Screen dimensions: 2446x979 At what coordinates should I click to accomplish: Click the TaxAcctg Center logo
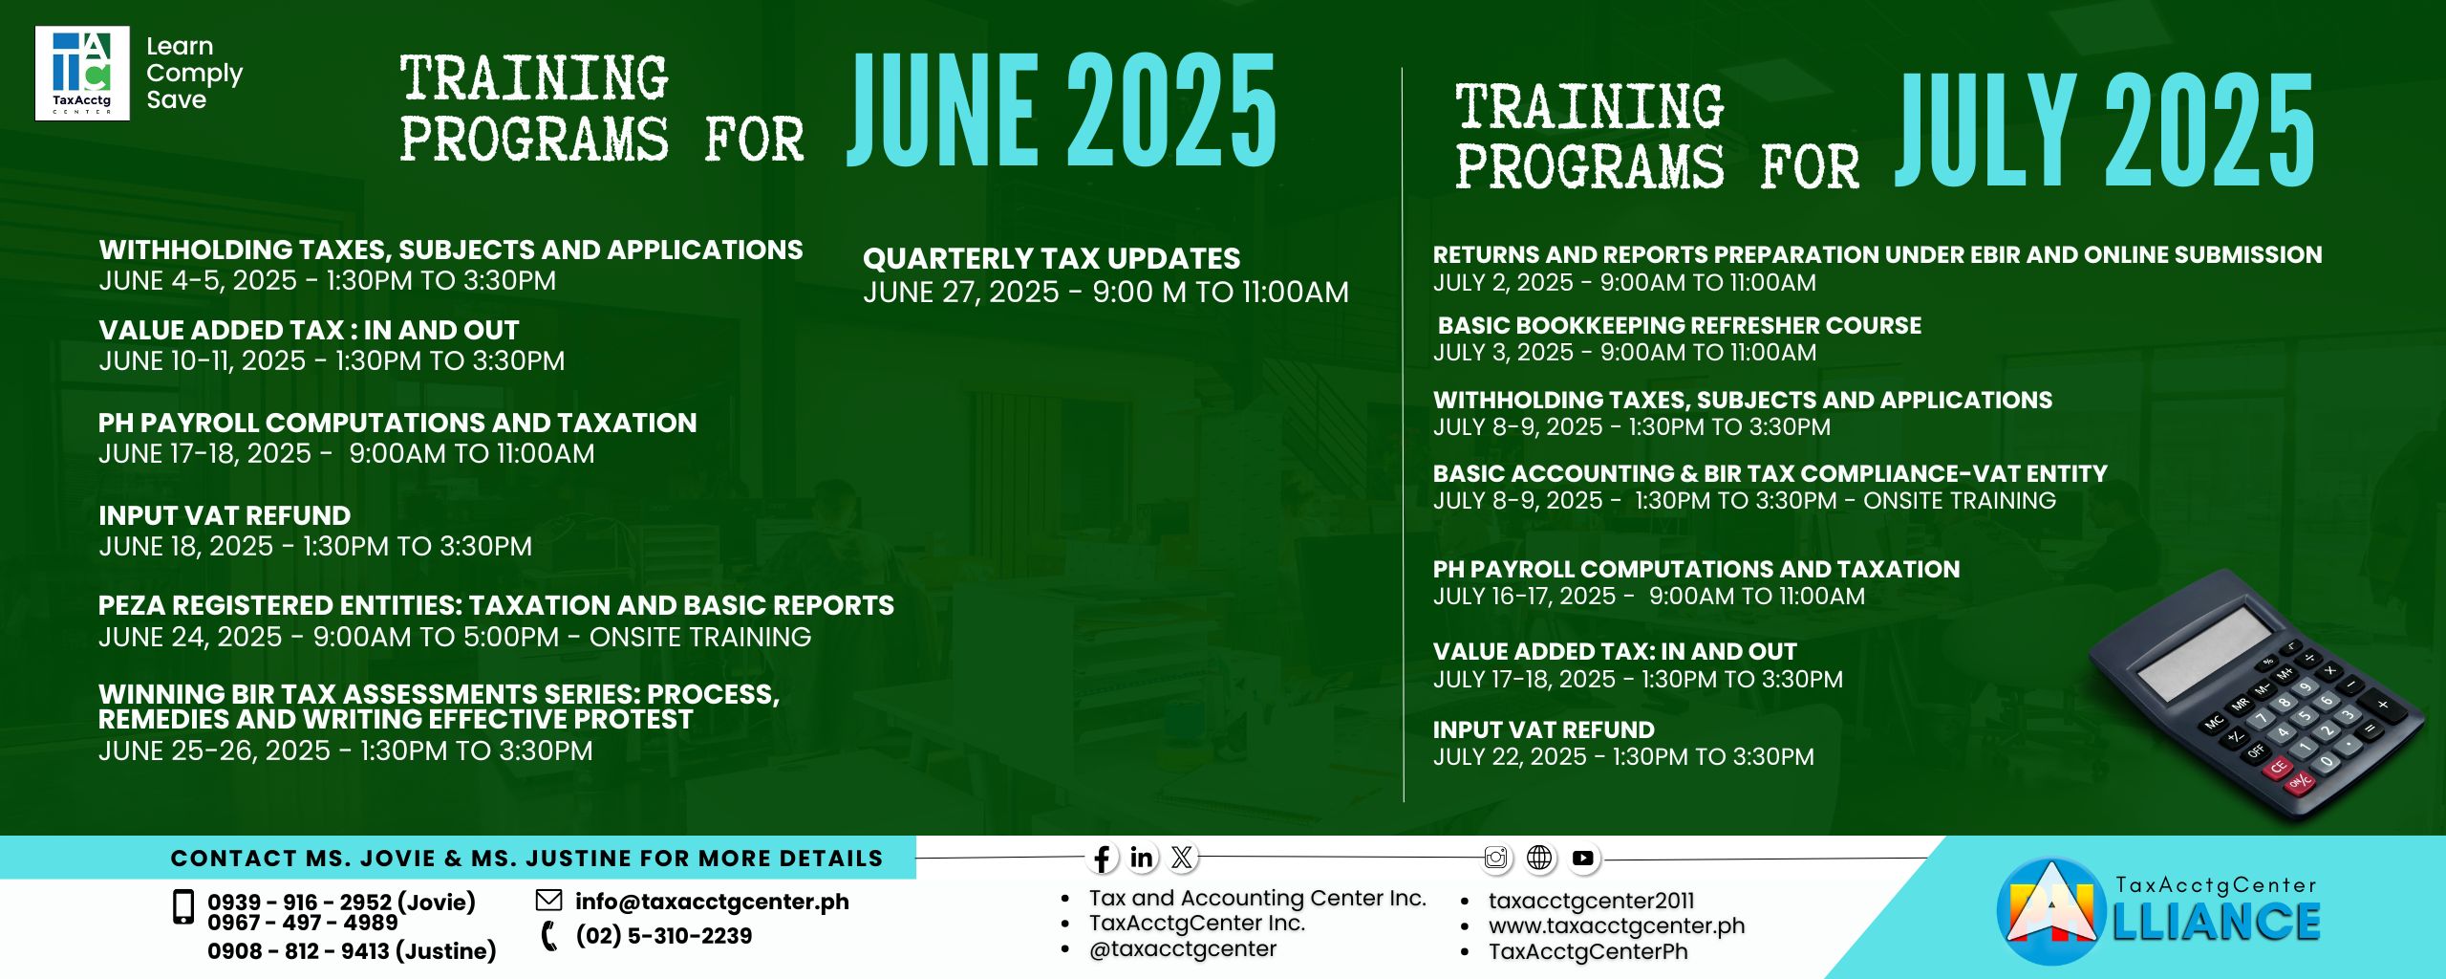click(82, 73)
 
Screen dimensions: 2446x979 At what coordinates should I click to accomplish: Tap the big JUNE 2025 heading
click(1062, 109)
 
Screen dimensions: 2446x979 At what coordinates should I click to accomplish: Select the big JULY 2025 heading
click(2104, 129)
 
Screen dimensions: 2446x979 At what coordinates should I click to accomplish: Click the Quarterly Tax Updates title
click(1051, 258)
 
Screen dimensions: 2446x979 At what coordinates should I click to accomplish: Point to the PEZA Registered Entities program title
click(496, 605)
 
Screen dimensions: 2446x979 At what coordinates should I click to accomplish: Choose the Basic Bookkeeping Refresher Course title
click(1679, 325)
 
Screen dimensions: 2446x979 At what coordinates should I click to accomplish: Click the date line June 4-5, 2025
click(327, 280)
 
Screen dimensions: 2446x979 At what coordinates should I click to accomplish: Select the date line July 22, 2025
click(1622, 756)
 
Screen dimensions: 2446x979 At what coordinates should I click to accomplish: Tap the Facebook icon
click(1102, 858)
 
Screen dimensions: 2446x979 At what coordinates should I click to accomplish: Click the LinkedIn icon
click(1142, 858)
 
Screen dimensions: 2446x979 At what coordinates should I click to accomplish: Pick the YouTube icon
click(1583, 858)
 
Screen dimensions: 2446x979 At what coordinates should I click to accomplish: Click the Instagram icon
click(1496, 858)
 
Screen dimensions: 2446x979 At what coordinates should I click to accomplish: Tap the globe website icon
click(1539, 858)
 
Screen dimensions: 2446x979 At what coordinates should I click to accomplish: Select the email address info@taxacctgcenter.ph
click(712, 902)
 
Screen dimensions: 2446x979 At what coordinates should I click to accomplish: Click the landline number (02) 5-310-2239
click(663, 936)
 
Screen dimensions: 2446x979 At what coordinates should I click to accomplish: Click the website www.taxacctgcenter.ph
click(1617, 925)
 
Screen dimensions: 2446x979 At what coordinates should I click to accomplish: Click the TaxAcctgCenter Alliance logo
click(2158, 912)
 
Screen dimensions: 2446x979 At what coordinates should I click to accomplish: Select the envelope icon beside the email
click(548, 900)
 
